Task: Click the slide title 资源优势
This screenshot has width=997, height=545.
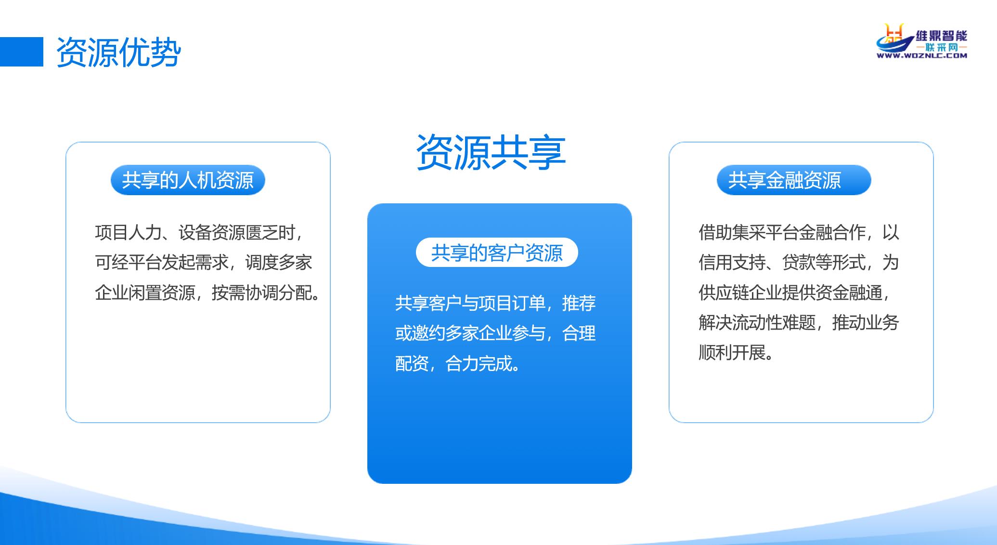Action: [118, 52]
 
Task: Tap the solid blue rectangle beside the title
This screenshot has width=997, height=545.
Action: [22, 52]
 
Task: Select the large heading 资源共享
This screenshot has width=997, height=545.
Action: [491, 152]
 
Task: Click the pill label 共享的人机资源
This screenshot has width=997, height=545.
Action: [188, 180]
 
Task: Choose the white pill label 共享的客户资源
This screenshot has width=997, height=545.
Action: [497, 253]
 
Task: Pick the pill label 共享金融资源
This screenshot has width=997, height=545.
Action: [794, 180]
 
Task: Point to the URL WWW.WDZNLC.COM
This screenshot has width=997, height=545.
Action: [922, 56]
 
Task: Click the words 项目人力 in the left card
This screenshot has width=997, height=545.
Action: [129, 233]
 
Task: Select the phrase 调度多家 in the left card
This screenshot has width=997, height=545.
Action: [279, 263]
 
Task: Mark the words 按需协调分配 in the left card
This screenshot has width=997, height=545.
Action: [262, 292]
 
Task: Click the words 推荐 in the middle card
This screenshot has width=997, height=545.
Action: [579, 303]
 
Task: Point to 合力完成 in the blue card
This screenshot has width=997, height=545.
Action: [479, 363]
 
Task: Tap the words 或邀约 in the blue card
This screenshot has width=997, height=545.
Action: [420, 333]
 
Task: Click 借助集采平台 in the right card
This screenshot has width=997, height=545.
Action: [749, 233]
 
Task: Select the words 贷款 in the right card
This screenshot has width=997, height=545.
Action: [799, 263]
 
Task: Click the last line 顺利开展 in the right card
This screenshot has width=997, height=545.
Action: [732, 353]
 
